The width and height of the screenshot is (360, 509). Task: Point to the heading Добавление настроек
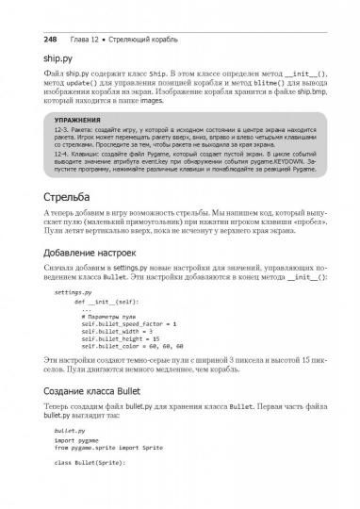[x=103, y=281]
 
